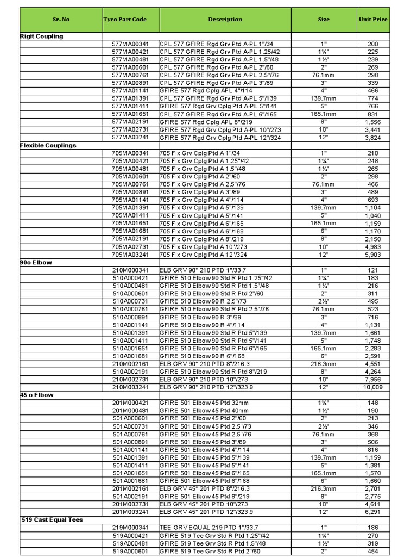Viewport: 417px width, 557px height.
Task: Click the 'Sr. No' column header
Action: tap(61, 20)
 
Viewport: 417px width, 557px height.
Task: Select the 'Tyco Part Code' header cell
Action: tap(125, 20)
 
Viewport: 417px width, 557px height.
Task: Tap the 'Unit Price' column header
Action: tap(373, 20)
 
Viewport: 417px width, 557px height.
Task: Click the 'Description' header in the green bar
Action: tap(225, 20)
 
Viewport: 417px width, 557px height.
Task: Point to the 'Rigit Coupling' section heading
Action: tap(42, 36)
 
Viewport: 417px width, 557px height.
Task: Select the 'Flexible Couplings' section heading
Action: tap(48, 146)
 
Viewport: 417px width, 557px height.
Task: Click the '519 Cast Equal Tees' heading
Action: tap(52, 520)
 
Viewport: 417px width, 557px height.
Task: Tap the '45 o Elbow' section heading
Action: tap(37, 395)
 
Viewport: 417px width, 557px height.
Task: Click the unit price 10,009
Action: tap(373, 387)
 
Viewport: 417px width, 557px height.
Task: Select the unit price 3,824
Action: tap(373, 138)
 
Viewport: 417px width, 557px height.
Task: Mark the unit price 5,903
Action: tap(373, 255)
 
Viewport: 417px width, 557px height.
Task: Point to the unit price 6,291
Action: tap(373, 512)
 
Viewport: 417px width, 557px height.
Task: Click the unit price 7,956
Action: tap(373, 380)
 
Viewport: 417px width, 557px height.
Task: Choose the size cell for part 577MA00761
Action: tap(324, 75)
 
